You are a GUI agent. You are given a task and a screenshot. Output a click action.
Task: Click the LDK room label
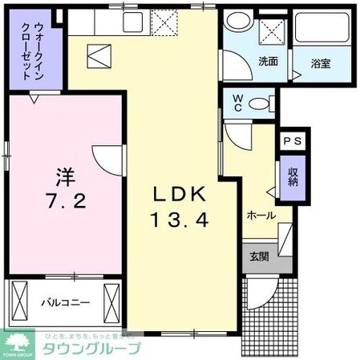coord(180,194)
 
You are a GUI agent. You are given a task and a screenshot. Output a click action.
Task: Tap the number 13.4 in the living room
coord(180,218)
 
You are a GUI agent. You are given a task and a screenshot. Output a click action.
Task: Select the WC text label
coord(238,105)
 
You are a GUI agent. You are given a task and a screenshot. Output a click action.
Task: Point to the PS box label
coord(290,140)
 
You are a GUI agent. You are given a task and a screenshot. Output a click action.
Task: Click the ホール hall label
coord(261,215)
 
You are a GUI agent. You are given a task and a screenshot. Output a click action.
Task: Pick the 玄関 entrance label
coord(260,257)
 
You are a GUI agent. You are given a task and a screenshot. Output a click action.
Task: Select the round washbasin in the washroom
coord(237,22)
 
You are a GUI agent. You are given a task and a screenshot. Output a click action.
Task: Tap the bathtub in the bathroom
coord(318,31)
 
